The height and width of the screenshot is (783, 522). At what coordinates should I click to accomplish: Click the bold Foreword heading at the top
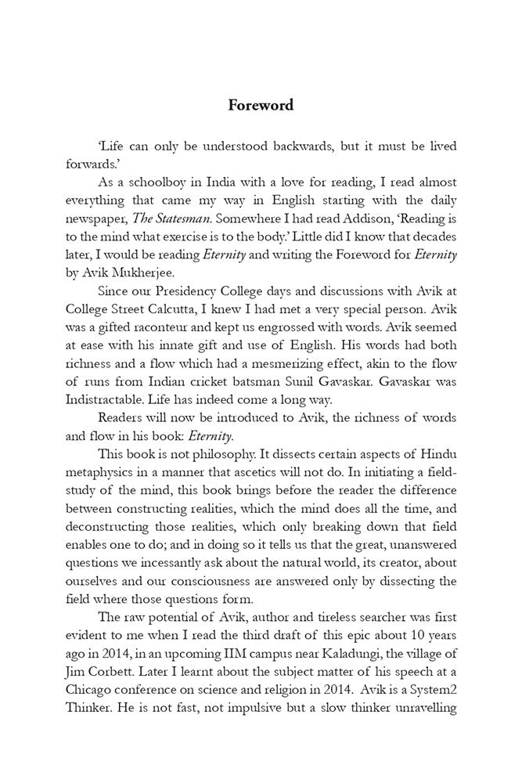pos(261,105)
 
